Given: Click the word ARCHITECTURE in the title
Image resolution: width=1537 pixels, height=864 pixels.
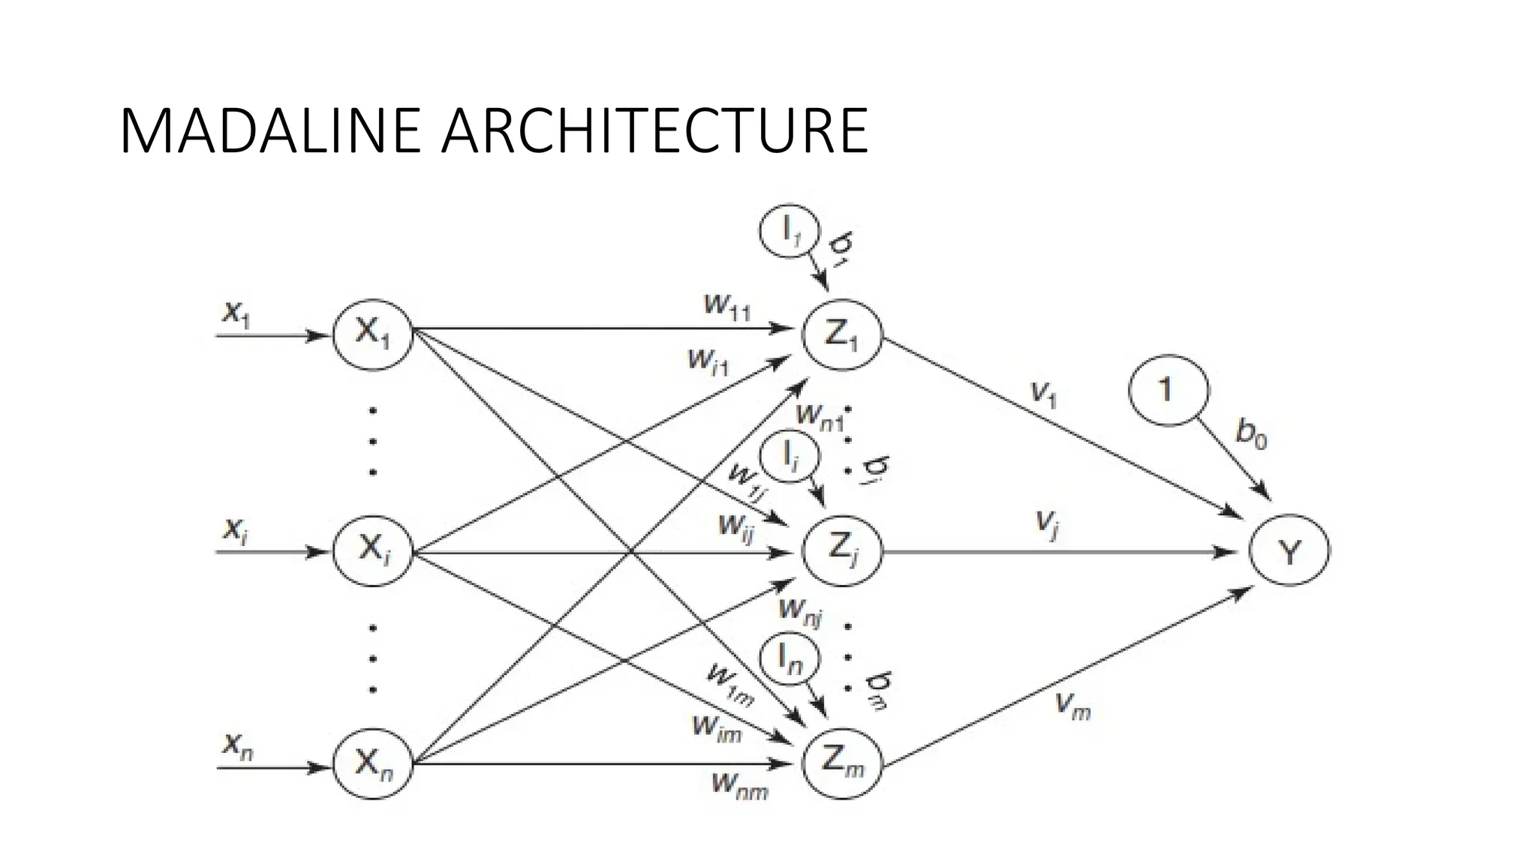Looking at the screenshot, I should (x=654, y=131).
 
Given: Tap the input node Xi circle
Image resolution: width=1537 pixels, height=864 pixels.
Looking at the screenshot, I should (x=373, y=551).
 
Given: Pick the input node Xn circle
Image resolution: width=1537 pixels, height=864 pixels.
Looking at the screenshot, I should (x=373, y=764).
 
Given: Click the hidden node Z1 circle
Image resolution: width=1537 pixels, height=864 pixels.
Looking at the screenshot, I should (x=841, y=334).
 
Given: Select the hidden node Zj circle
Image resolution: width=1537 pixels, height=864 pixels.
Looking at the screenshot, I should (x=841, y=552).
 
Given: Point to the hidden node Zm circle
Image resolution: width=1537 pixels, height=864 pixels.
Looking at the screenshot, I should (x=841, y=764).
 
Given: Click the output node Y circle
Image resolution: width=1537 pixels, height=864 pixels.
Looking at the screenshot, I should (x=1289, y=553).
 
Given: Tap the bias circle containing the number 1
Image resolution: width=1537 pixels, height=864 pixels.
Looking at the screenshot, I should (x=1168, y=391).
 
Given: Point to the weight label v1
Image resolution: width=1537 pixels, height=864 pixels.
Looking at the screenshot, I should (x=1044, y=393).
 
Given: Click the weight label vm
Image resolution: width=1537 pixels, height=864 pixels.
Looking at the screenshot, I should (x=1072, y=705).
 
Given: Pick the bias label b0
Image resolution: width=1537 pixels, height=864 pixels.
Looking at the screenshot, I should (x=1250, y=434).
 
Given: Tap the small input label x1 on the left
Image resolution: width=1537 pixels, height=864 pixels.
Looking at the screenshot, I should (x=236, y=313).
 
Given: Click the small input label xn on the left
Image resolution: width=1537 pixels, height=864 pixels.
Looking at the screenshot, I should (x=237, y=745).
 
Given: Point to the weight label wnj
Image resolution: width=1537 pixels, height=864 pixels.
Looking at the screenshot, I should (x=800, y=611).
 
